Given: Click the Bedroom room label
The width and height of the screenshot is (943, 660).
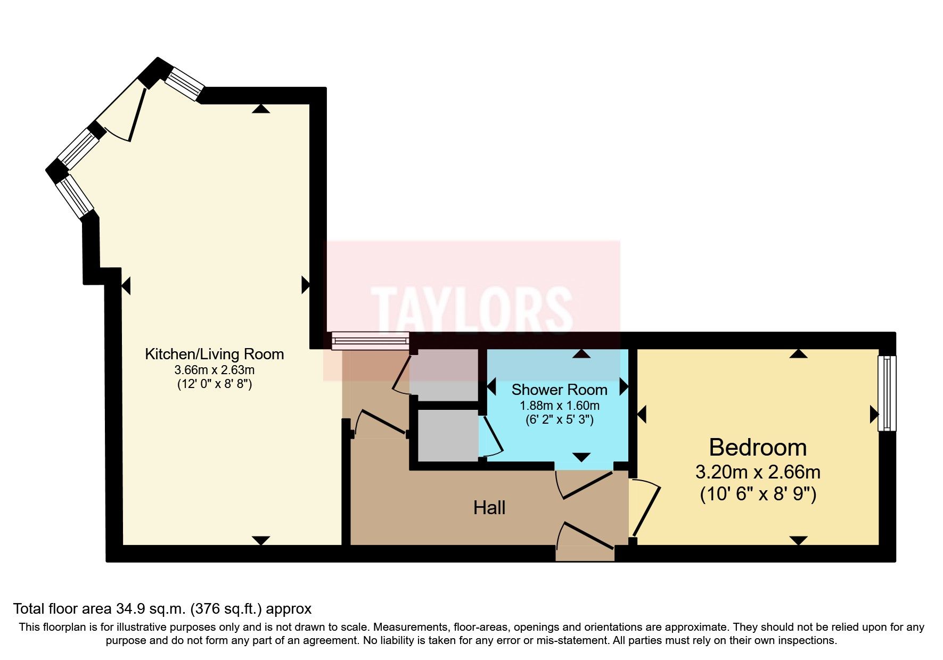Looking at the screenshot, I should click(758, 448).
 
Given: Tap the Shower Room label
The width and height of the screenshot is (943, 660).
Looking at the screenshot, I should click(559, 390).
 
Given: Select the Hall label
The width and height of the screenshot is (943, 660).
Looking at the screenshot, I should click(489, 508).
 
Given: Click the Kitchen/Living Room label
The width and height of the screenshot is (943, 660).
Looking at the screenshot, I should click(214, 354).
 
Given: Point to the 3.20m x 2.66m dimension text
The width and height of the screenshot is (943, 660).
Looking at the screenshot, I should click(758, 472).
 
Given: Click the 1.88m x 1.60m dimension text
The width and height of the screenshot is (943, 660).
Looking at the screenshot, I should click(559, 406).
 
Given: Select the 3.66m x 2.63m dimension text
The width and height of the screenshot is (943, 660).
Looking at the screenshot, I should click(214, 370).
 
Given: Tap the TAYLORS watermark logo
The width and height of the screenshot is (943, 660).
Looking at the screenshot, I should click(472, 310).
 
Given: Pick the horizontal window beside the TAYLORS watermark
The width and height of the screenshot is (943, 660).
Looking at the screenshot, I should click(370, 341).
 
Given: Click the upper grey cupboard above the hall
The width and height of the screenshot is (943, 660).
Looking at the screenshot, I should click(446, 375).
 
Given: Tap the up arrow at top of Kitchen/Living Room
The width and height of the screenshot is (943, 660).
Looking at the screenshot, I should click(260, 109).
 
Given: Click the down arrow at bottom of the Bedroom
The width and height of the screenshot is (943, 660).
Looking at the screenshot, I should click(798, 541).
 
